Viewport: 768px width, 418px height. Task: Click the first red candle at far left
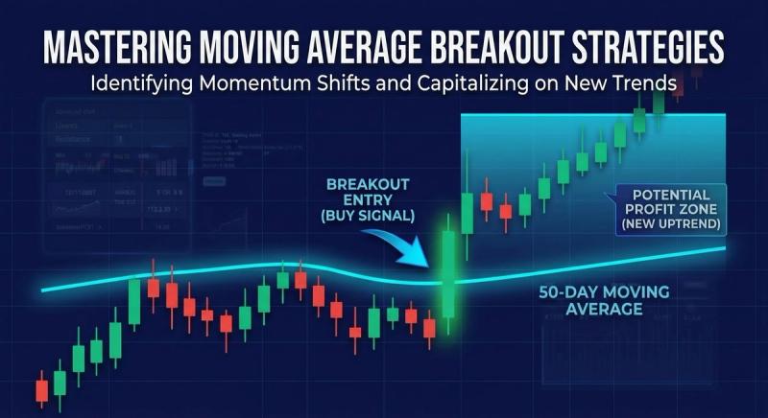click(x=41, y=389)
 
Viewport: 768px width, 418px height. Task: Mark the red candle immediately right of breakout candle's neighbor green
click(x=486, y=202)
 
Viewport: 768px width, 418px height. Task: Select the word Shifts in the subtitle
click(x=330, y=83)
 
